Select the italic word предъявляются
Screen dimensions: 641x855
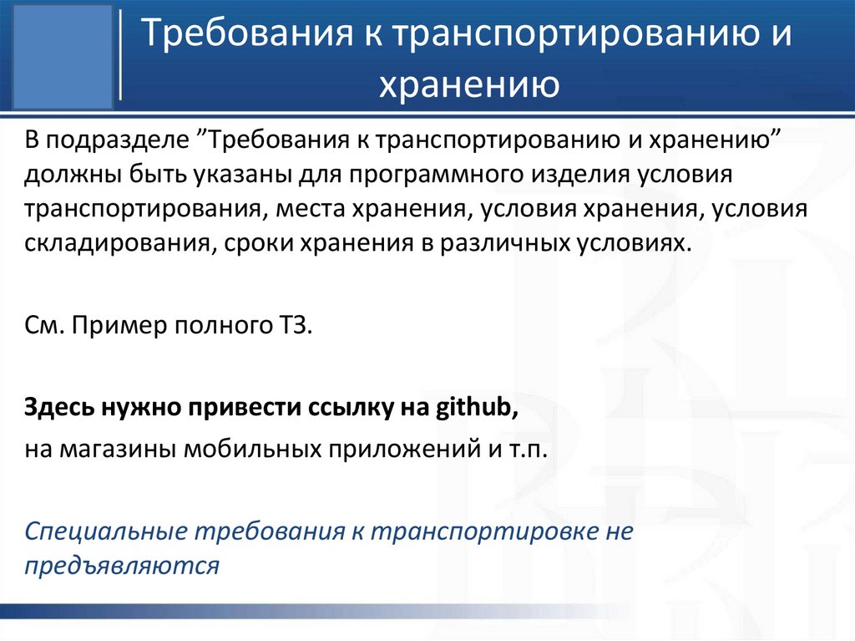pos(123,566)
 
